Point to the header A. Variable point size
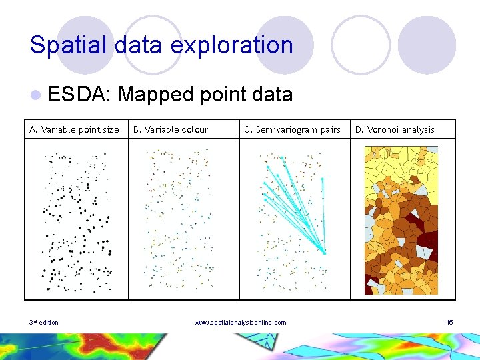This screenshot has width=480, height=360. (74, 129)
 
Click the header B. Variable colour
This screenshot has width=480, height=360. (171, 129)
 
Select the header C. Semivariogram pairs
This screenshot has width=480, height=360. (292, 129)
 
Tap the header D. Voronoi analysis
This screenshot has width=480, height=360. (395, 129)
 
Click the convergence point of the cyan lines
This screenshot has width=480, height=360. (325, 252)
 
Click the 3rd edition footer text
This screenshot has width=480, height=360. (44, 323)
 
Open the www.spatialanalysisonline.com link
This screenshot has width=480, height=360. (240, 323)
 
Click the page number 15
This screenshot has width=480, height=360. (449, 323)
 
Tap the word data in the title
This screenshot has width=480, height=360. (134, 45)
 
